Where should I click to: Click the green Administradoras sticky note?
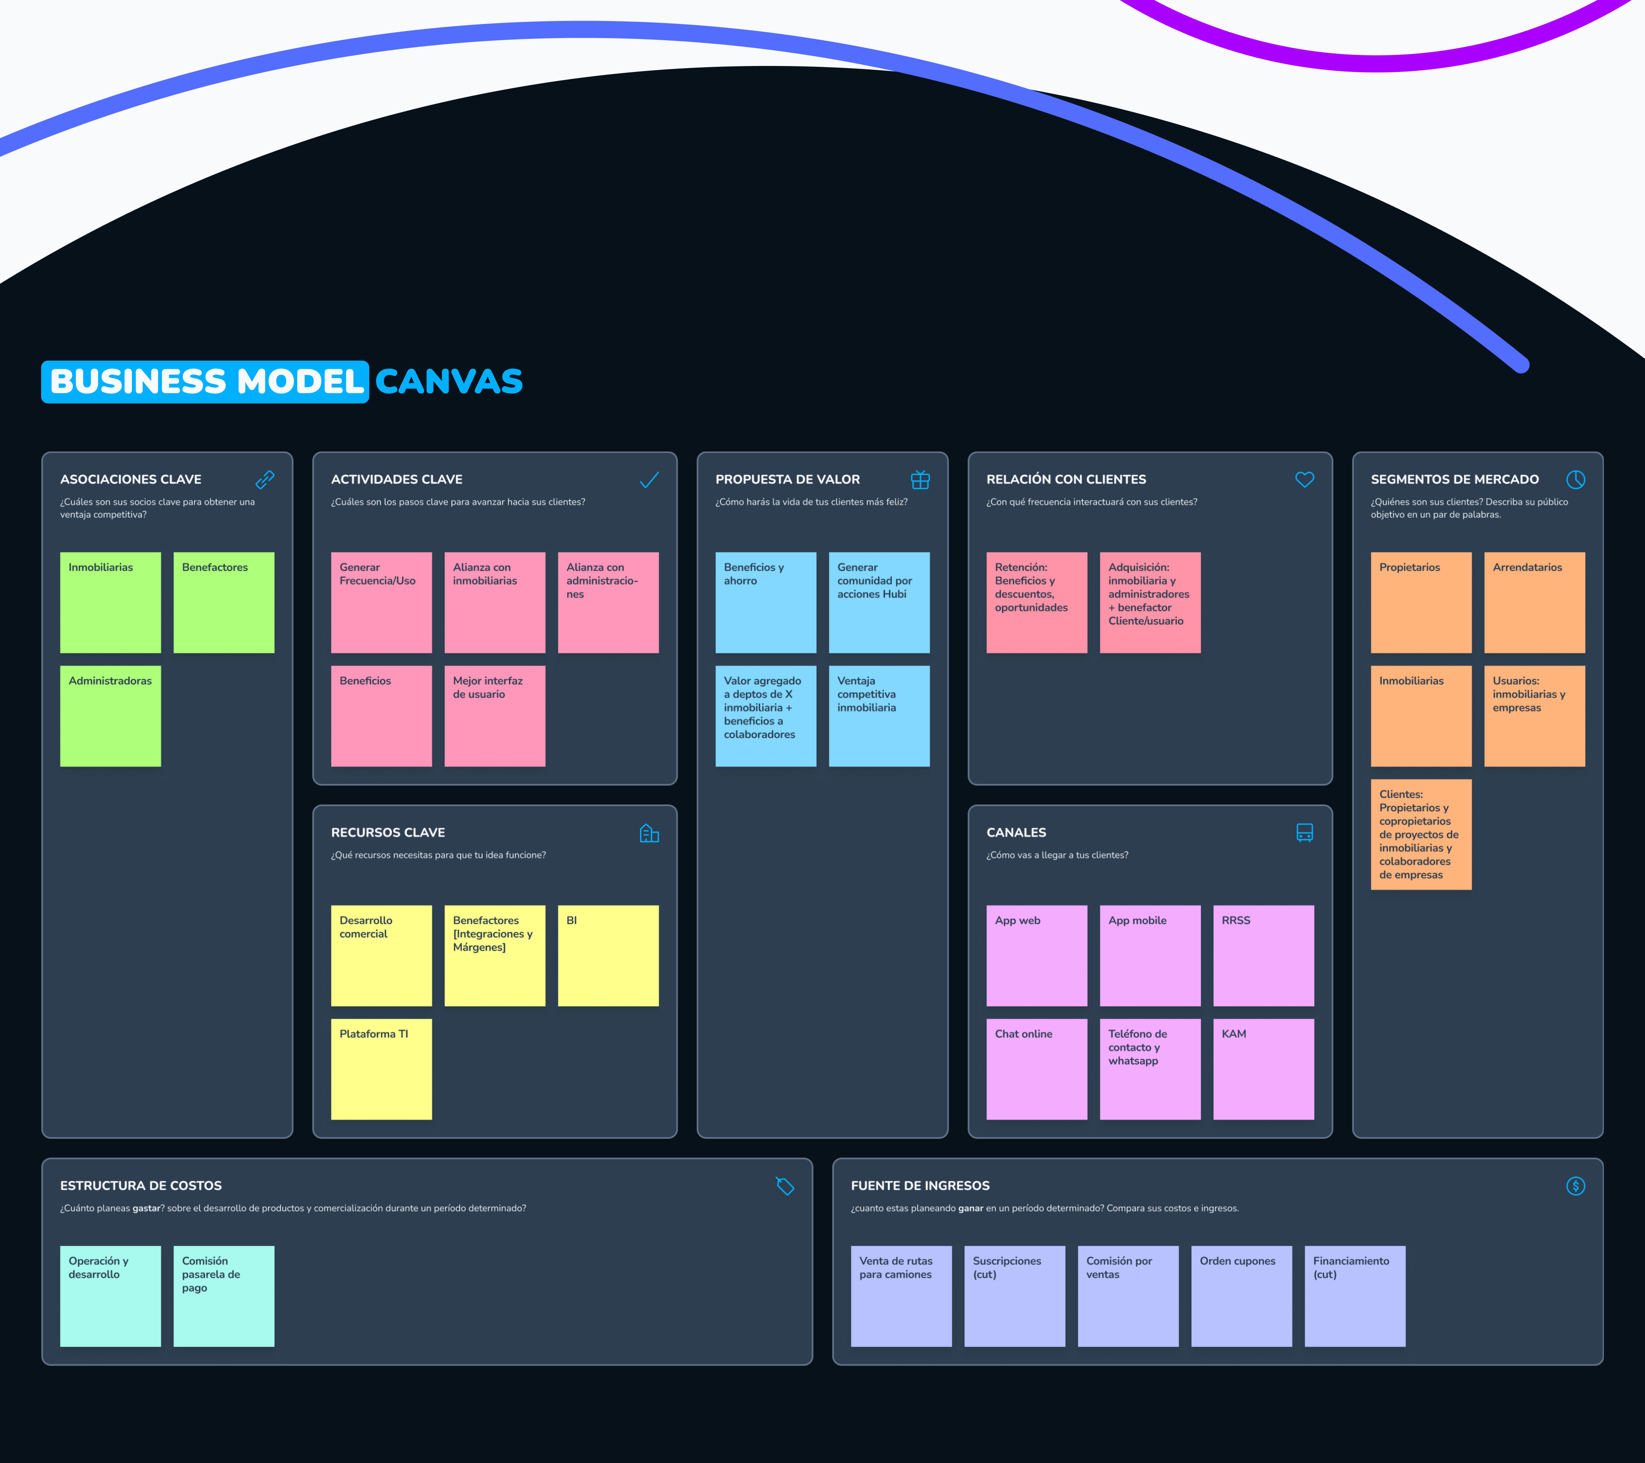110,715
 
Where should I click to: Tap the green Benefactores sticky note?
224,602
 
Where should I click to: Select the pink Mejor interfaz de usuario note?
494,715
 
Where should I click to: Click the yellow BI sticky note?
607,955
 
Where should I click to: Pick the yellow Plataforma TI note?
381,1069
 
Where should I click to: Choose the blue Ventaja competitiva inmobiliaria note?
879,715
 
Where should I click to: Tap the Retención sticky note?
1037,602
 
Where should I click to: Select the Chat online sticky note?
1037,1069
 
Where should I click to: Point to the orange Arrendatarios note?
1534,602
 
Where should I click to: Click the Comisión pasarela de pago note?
224,1296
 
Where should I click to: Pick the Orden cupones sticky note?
1241,1296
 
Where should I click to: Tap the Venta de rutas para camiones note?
900,1296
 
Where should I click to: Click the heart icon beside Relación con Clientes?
1304,480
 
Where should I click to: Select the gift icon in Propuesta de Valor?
920,480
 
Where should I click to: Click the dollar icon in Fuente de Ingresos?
1575,1186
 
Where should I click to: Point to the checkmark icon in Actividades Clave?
649,480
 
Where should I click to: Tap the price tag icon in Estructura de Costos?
785,1186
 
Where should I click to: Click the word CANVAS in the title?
449,382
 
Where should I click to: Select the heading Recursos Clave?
388,832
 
